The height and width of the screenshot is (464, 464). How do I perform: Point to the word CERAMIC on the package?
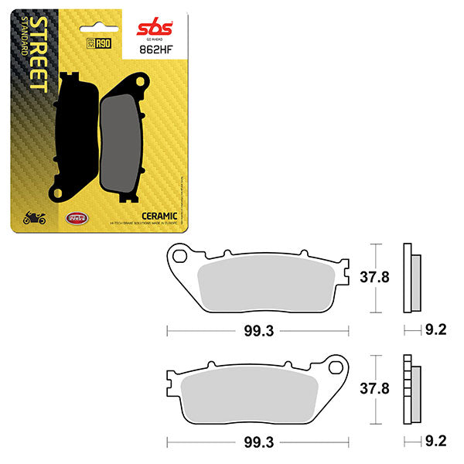[161, 215]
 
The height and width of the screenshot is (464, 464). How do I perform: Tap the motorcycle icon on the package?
[33, 220]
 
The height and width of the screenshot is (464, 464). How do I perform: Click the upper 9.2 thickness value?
[434, 330]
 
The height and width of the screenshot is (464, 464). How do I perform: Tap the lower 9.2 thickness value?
[434, 442]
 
